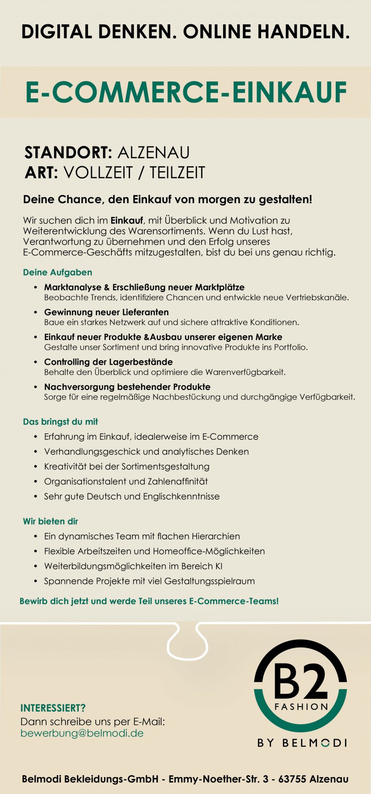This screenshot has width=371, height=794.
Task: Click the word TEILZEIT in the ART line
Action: (177, 173)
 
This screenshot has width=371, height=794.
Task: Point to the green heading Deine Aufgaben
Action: (57, 272)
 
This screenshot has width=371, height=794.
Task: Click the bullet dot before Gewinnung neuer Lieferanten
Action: (36, 312)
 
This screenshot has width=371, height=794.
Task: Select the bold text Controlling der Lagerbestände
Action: (108, 362)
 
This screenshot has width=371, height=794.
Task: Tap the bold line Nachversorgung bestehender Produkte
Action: (127, 387)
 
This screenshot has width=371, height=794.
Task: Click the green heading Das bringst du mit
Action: (60, 421)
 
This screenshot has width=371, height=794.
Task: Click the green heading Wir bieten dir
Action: (50, 521)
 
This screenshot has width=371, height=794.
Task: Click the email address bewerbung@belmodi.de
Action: (82, 733)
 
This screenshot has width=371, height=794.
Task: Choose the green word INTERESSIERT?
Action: (53, 708)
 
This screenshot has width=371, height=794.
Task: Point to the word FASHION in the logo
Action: (301, 707)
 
